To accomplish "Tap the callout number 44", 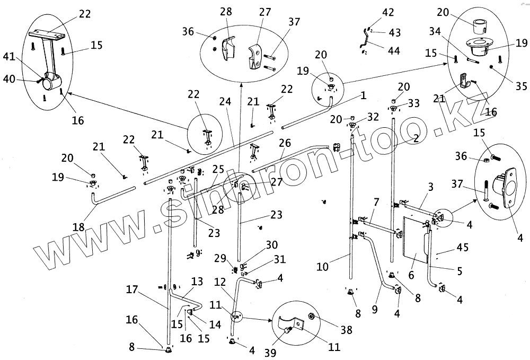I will [x=393, y=51].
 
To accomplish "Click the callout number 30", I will [x=271, y=245].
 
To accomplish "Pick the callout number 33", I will [x=414, y=102].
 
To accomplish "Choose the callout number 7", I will [x=376, y=202].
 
